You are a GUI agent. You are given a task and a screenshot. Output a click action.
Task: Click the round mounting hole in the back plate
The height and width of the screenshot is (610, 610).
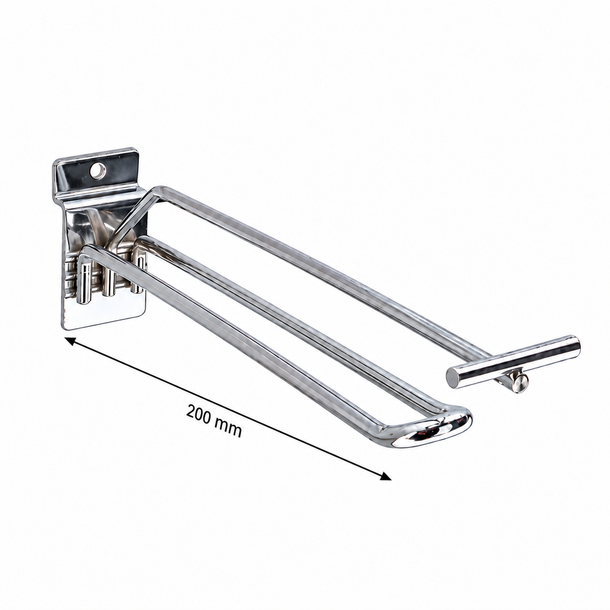[x=98, y=171]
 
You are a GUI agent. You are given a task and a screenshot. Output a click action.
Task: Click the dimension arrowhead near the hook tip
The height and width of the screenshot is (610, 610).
[x=386, y=476]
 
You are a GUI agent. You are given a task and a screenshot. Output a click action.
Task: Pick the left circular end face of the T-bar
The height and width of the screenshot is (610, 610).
[x=453, y=377]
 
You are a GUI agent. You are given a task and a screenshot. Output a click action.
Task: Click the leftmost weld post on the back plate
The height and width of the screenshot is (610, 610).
[x=84, y=282]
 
